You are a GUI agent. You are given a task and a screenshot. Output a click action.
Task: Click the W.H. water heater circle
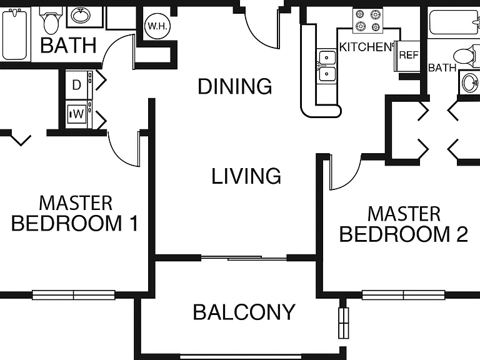157,26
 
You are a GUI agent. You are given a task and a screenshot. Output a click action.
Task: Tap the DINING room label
235,86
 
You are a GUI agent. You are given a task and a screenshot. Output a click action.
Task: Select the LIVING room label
246,176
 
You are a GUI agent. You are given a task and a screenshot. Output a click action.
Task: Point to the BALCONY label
244,312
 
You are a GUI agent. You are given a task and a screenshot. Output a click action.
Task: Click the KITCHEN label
366,47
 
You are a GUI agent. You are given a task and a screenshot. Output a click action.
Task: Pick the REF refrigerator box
408,56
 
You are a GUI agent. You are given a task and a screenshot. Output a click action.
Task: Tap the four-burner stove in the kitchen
367,21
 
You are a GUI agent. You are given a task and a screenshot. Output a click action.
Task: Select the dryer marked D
79,85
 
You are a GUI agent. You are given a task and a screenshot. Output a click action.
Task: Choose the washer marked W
79,114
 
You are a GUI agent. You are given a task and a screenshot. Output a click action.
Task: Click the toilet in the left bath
51,20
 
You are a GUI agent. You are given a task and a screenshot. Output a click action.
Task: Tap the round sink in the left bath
81,16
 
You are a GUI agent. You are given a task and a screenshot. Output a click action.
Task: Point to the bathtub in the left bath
15,34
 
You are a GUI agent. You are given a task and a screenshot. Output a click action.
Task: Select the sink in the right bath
470,82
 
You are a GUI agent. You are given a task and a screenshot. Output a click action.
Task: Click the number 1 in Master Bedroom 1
134,223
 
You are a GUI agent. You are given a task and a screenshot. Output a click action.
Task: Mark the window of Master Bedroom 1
74,295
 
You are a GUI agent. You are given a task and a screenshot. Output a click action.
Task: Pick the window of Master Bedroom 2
404,295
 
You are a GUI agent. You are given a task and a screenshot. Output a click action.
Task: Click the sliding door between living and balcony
244,258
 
